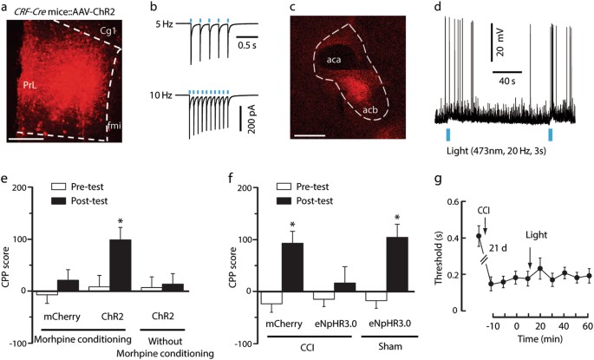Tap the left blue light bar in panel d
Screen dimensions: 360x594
(x=448, y=135)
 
